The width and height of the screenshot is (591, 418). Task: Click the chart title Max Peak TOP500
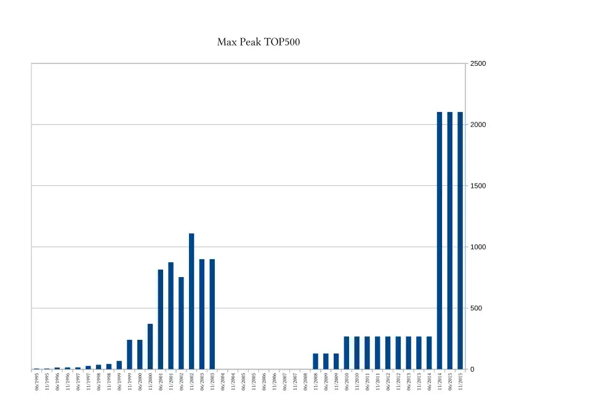click(259, 42)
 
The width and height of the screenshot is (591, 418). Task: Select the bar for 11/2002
click(191, 302)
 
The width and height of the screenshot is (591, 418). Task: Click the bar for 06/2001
click(161, 320)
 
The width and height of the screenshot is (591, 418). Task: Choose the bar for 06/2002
click(181, 323)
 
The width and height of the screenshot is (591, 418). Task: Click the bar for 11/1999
click(129, 355)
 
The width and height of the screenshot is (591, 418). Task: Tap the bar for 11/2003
click(212, 314)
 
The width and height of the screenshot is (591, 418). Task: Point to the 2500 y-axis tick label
click(478, 64)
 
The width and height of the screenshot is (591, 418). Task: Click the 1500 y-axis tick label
click(478, 186)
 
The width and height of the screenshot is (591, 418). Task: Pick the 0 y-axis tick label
click(472, 369)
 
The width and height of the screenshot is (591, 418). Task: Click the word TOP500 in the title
click(283, 42)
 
